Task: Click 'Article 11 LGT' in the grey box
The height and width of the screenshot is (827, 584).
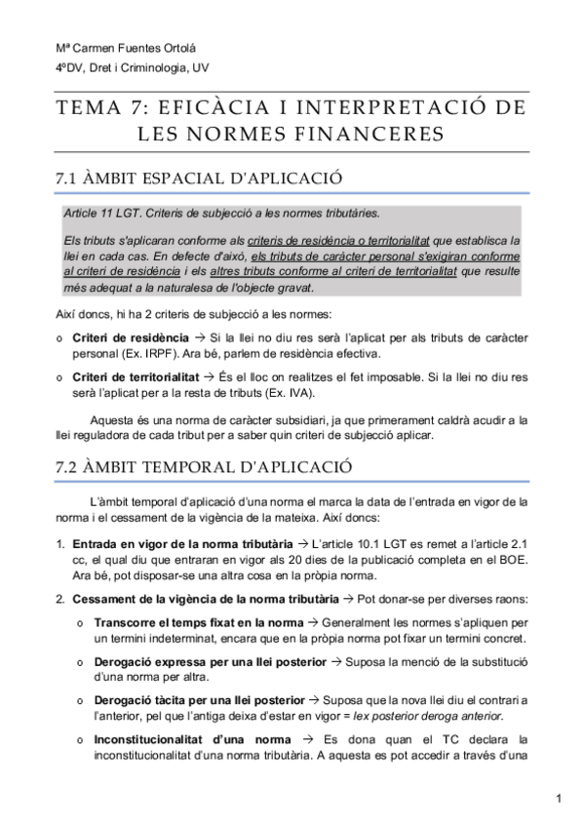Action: (100, 213)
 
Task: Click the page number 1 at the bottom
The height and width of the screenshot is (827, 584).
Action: (559, 801)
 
